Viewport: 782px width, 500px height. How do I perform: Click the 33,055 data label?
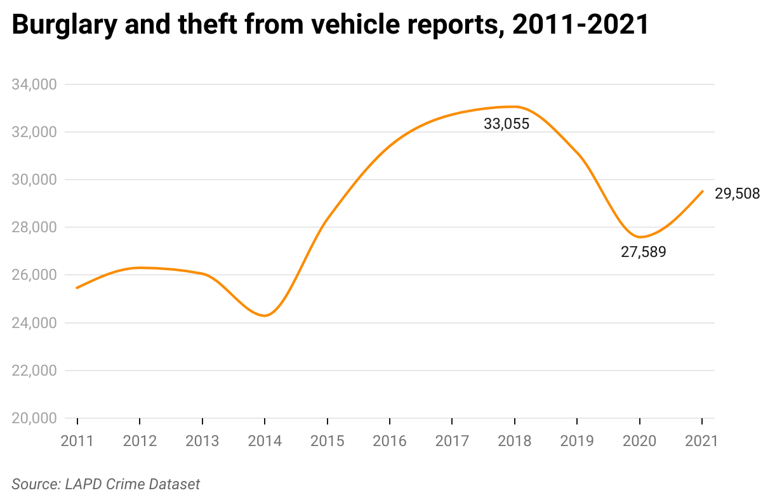click(x=506, y=124)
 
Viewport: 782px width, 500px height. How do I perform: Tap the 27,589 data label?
click(x=643, y=253)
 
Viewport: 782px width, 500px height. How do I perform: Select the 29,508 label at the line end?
click(x=737, y=194)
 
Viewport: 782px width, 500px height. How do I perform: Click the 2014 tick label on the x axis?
click(x=265, y=441)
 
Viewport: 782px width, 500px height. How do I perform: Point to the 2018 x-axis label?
click(x=514, y=441)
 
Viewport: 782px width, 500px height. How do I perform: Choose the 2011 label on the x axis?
click(x=77, y=441)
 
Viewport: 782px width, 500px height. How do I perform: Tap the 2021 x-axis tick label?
click(x=701, y=441)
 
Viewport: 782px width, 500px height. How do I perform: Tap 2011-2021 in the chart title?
click(x=579, y=25)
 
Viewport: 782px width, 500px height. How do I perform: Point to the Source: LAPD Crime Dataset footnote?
click(x=106, y=484)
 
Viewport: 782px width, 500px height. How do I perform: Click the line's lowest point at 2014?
click(x=265, y=315)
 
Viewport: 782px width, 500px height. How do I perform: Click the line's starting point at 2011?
click(x=77, y=288)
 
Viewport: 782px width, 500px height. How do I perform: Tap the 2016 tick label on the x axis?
click(x=389, y=441)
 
